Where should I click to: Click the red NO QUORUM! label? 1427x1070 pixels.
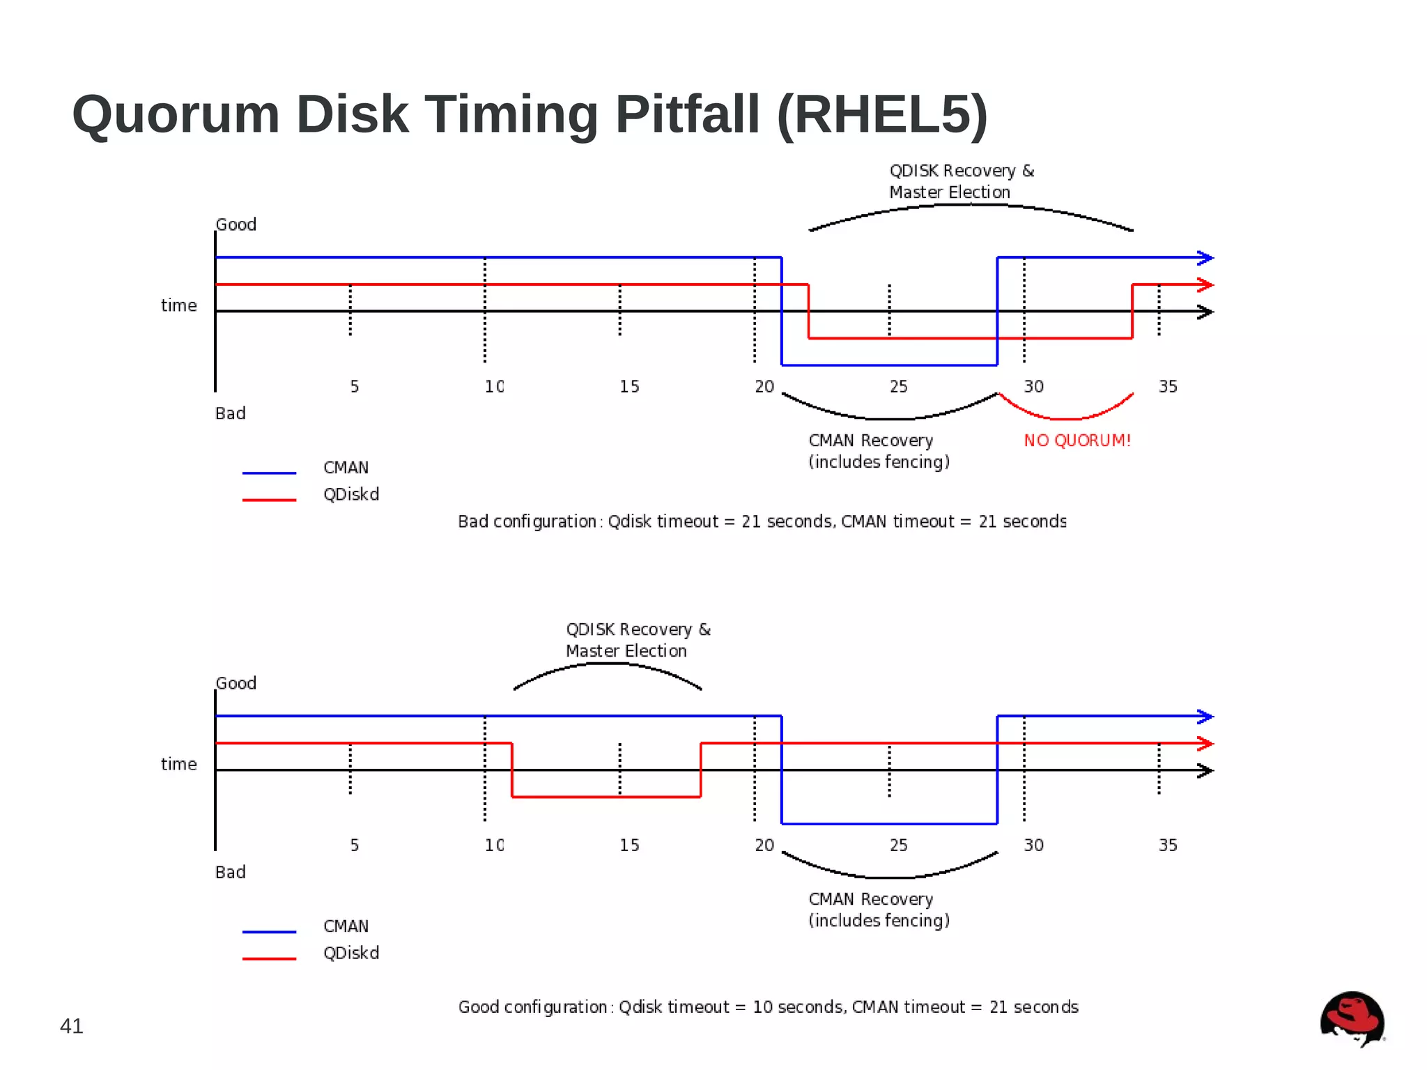(1077, 441)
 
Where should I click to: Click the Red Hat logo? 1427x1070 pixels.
(1352, 1018)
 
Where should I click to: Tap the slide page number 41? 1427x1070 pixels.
(72, 1026)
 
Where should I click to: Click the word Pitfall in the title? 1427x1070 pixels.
(687, 114)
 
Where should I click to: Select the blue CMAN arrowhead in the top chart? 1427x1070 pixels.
(1205, 258)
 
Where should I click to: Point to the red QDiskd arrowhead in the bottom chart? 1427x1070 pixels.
(1205, 744)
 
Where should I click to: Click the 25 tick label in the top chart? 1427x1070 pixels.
(899, 387)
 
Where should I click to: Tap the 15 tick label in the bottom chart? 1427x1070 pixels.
(629, 846)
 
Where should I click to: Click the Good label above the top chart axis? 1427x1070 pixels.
(236, 225)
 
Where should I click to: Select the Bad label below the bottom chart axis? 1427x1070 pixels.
(231, 873)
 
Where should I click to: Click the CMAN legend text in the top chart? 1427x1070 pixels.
(346, 468)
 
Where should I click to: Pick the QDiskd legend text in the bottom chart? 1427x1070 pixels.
(351, 954)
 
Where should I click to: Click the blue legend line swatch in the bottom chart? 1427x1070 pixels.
(269, 932)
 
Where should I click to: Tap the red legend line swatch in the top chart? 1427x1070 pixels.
(269, 500)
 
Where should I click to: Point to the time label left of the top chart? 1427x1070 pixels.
(179, 306)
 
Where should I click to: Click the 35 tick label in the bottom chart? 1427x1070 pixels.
(1168, 846)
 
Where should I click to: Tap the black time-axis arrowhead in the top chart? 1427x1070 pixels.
(1205, 312)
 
